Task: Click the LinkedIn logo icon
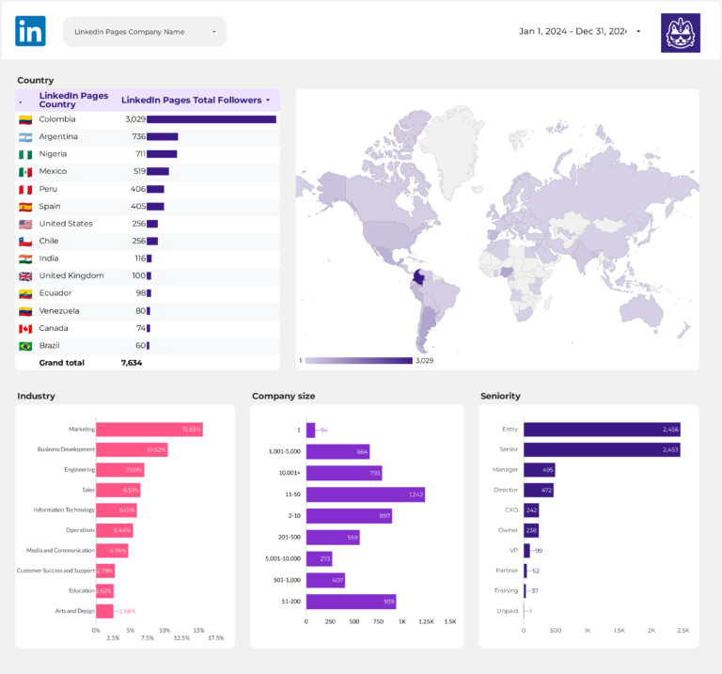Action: pos(30,31)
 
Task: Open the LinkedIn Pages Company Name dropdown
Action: pos(145,32)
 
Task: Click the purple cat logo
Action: pos(680,32)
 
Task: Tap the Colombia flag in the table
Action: pos(25,119)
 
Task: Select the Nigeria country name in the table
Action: pos(53,154)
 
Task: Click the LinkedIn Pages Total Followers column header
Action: pos(191,100)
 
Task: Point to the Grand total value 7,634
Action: pos(131,363)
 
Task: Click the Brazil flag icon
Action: pos(25,346)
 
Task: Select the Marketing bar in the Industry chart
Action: pos(149,430)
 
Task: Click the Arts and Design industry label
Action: pos(74,611)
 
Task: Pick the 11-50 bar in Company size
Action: pos(365,494)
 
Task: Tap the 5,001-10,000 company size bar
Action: pos(319,558)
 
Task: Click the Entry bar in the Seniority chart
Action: pos(601,430)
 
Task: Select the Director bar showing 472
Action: pos(538,490)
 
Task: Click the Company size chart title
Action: pos(283,396)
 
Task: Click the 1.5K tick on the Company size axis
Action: pos(449,621)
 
